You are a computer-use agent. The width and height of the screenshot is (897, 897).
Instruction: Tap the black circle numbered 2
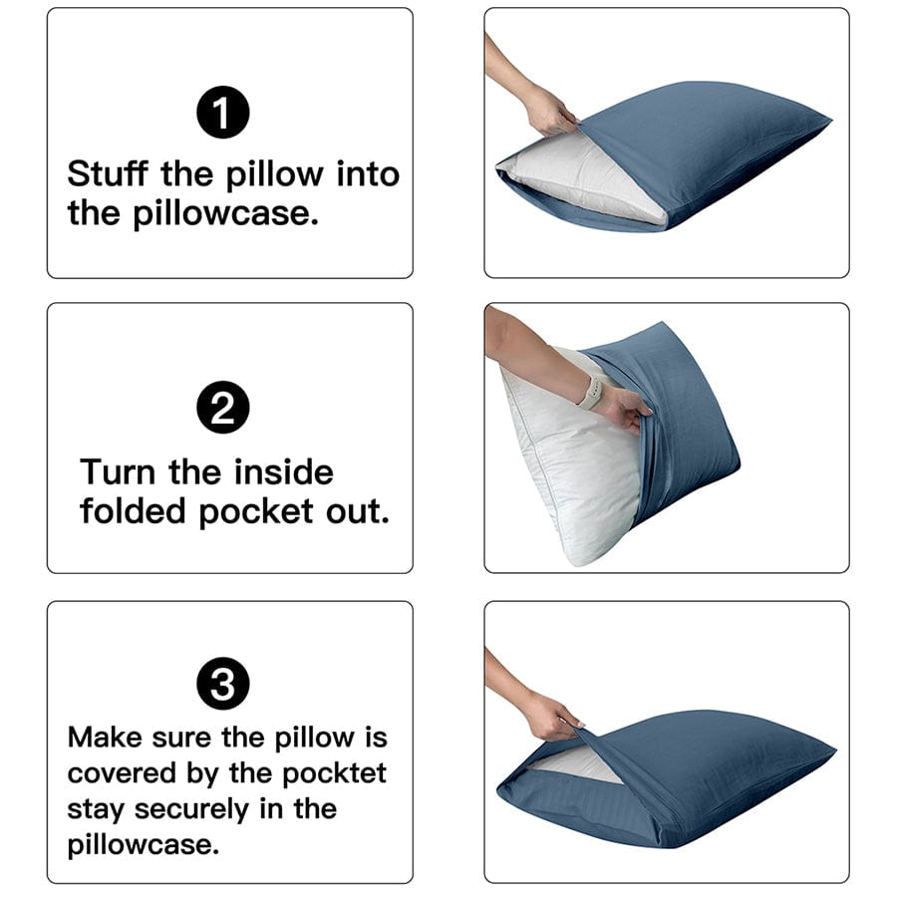coord(223,410)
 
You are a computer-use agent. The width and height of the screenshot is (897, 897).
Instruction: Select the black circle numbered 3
coord(223,685)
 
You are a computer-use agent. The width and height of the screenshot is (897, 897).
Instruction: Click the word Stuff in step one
coord(109,174)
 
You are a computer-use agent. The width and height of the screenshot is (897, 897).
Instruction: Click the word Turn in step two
coord(117,471)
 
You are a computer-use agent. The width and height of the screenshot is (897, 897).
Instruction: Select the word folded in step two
coord(134,511)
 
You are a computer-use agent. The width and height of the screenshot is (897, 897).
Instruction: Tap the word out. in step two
coord(355,511)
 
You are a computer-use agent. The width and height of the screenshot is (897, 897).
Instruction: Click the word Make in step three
coord(105,738)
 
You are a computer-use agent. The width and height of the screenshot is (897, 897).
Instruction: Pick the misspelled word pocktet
coord(334,773)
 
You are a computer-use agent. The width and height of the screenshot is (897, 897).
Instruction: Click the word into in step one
coord(367,174)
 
